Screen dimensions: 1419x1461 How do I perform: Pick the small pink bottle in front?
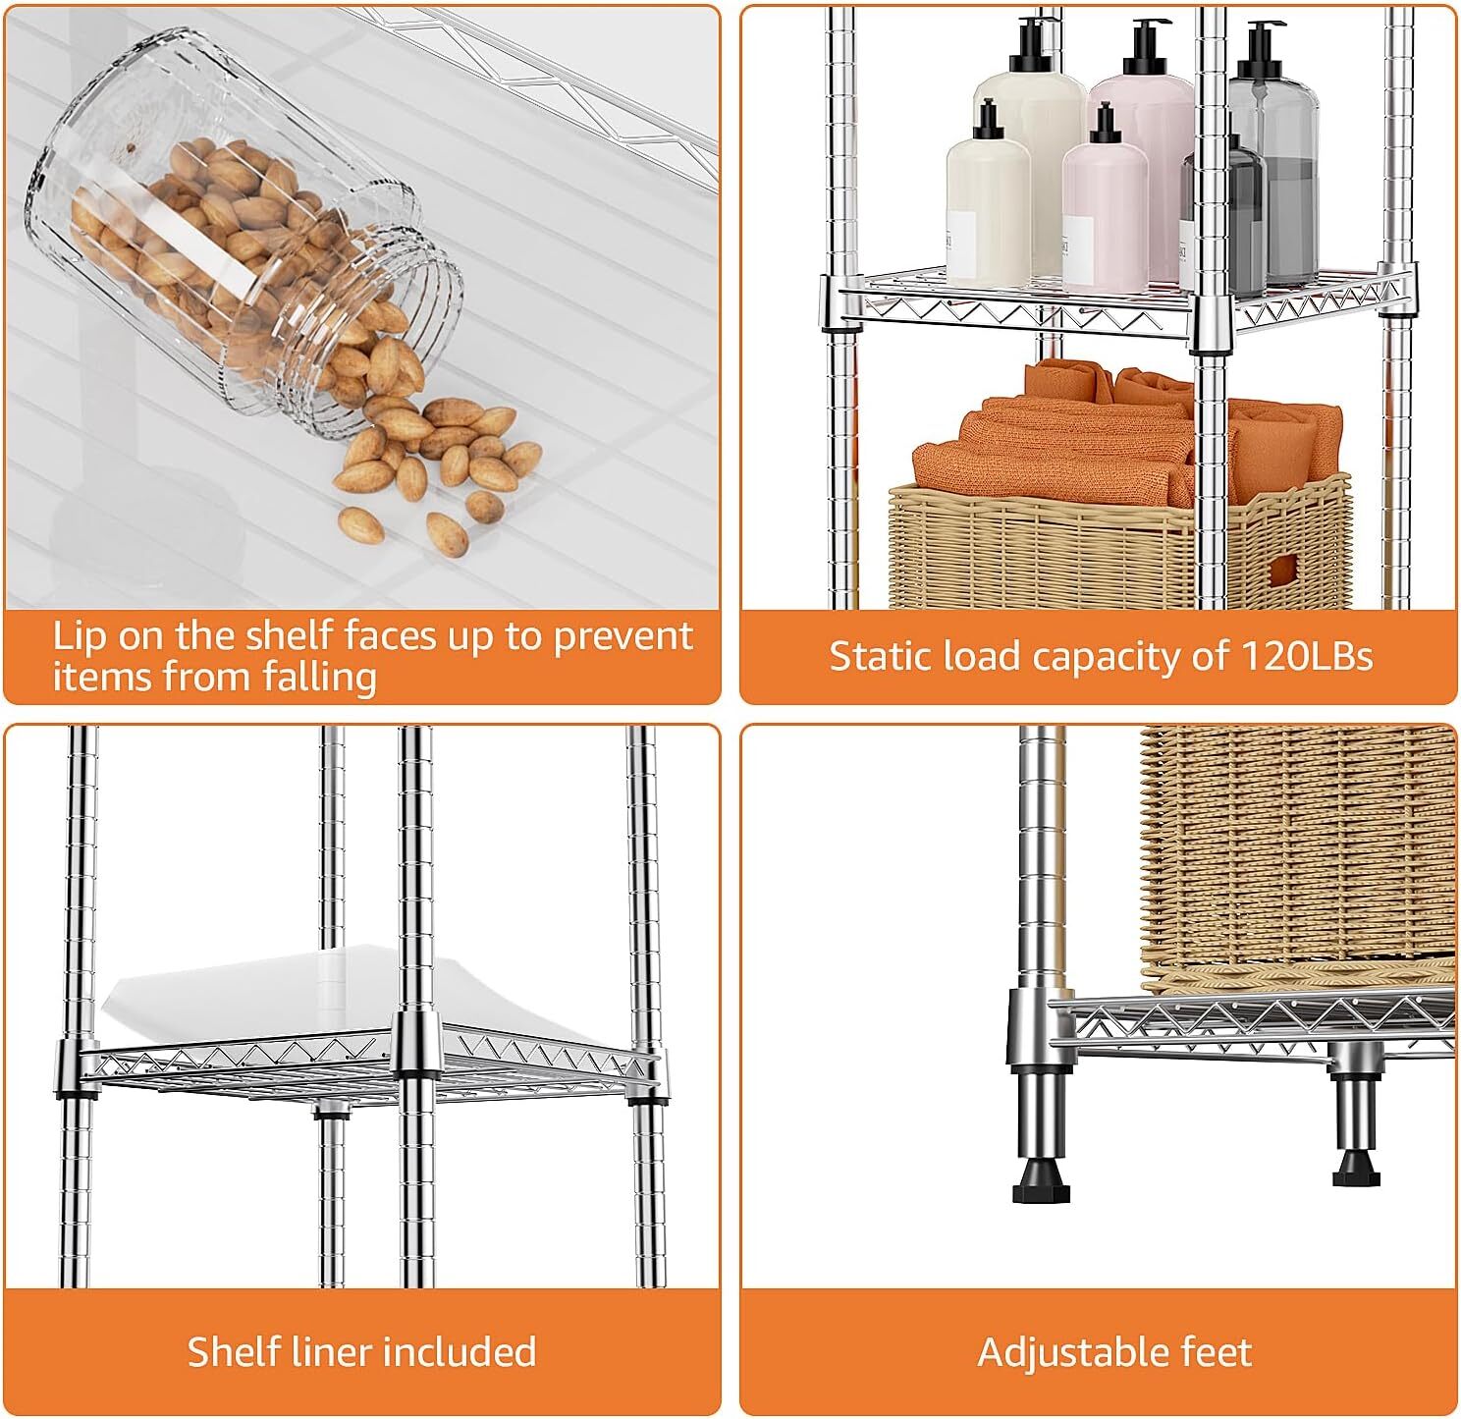click(x=1105, y=216)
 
